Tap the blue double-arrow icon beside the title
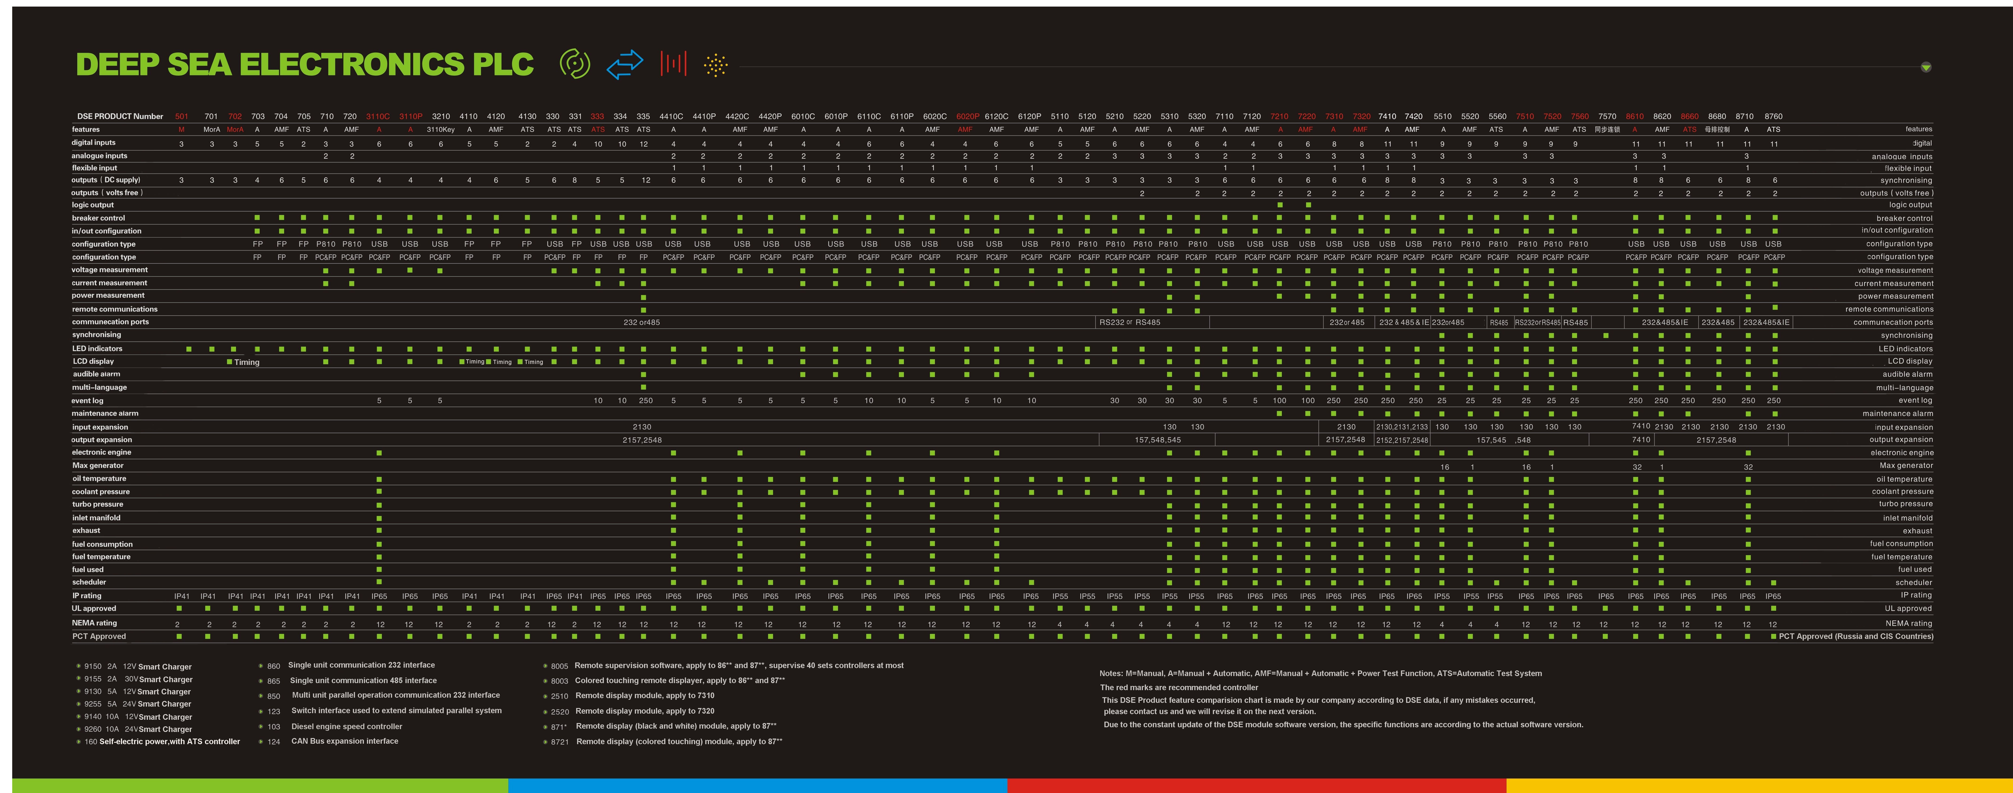tap(624, 64)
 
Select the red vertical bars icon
tap(673, 63)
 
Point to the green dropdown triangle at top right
tap(1925, 67)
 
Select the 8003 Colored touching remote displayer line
tap(668, 681)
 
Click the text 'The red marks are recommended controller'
tap(1178, 688)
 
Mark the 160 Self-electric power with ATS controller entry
tap(162, 741)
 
